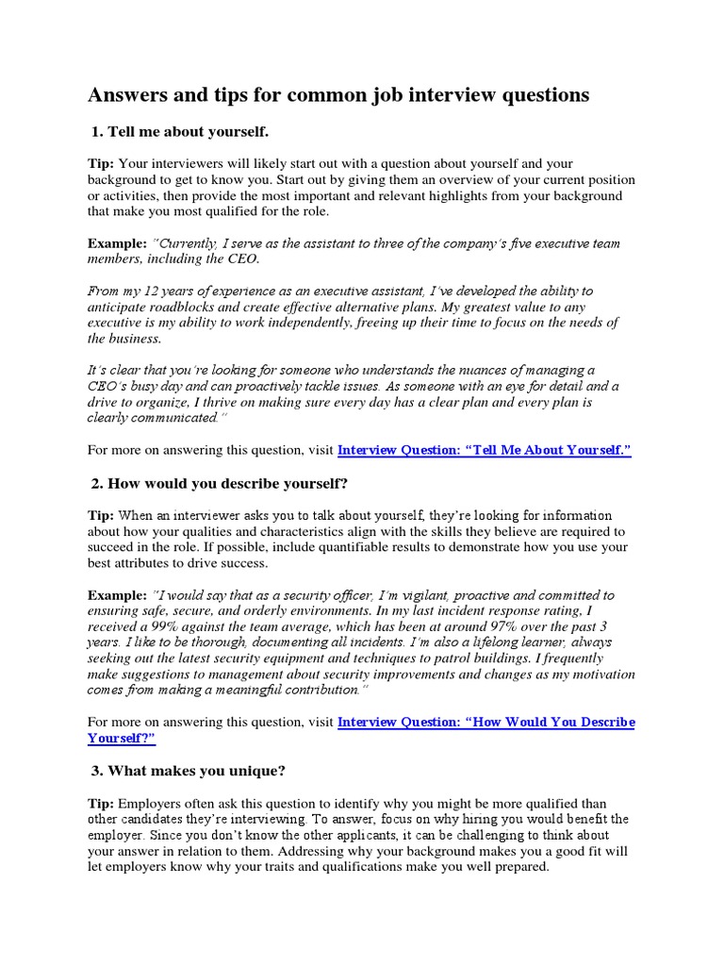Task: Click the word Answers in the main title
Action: coord(123,94)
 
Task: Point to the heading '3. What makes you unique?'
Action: coord(188,771)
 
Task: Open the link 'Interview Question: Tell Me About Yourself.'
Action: coord(484,451)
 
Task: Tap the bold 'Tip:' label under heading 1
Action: coord(102,164)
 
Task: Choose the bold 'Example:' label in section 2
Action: coord(118,595)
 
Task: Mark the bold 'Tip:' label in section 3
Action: coord(102,803)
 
